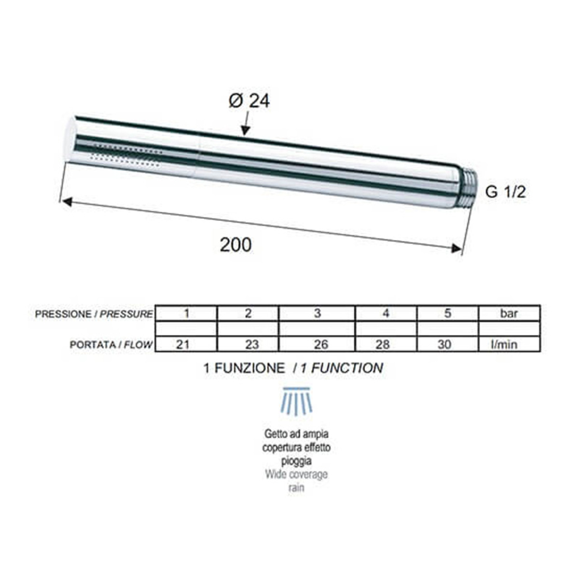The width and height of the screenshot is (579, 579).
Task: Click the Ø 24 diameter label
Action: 249,101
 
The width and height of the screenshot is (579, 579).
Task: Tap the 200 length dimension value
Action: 235,245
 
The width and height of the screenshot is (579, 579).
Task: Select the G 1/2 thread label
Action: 505,192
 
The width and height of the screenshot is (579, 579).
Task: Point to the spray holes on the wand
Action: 126,155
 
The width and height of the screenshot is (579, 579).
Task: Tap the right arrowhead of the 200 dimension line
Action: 456,248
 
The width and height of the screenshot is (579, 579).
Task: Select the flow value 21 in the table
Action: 183,344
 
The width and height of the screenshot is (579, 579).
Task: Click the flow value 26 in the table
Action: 321,344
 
